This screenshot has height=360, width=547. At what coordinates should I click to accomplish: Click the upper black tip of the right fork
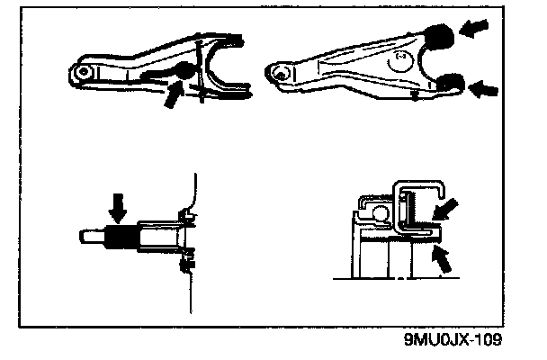coord(439,39)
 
